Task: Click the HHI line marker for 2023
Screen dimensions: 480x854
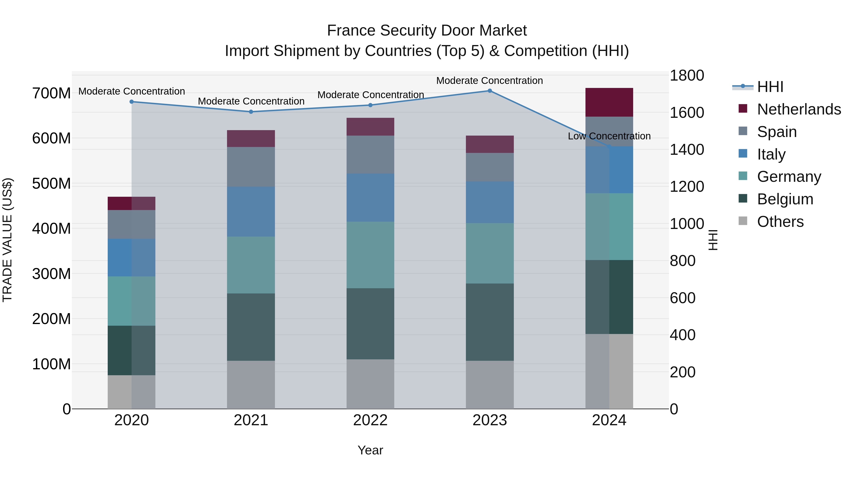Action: pos(490,91)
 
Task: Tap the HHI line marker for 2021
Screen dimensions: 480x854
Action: pos(251,112)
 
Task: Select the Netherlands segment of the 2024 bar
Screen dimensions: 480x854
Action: pos(609,102)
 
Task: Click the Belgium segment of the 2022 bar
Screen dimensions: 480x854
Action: pos(370,324)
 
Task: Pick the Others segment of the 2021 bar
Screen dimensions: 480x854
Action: pos(251,385)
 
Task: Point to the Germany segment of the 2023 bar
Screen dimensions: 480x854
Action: pos(490,253)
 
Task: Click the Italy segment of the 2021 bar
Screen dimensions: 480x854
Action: pos(251,211)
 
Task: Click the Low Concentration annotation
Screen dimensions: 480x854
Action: pos(609,136)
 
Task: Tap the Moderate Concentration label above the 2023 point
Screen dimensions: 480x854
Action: pos(489,81)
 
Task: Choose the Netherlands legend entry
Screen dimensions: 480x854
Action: pos(799,109)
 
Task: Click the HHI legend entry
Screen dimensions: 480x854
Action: pos(770,87)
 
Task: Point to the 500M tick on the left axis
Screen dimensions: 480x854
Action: pos(51,183)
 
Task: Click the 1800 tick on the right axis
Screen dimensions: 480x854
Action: pos(687,76)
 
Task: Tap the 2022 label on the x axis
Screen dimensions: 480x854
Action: pos(370,420)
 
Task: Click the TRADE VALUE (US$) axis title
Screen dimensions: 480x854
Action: pos(7,240)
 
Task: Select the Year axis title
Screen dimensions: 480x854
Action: pos(370,450)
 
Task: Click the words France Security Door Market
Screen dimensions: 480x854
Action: pos(427,31)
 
